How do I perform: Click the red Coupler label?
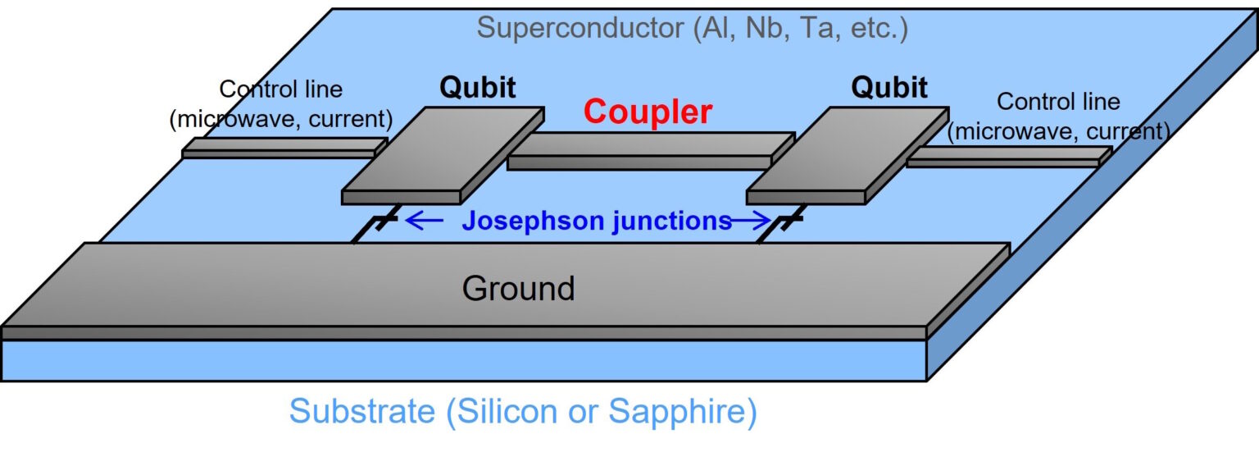click(648, 112)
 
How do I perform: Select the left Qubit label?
click(478, 88)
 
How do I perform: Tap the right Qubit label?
click(889, 86)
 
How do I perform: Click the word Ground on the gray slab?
click(518, 289)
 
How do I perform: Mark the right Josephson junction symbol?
click(789, 221)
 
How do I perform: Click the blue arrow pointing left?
click(425, 221)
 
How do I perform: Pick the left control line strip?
click(283, 148)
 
